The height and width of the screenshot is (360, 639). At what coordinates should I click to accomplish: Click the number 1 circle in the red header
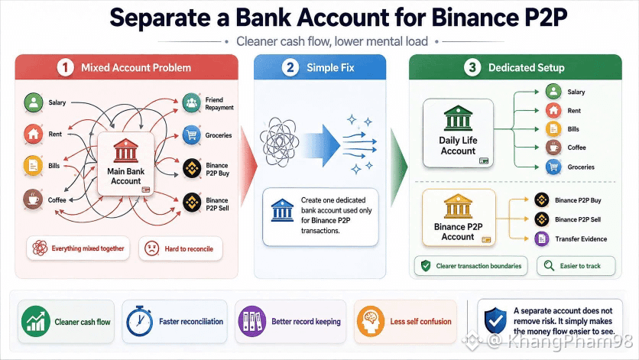(x=65, y=67)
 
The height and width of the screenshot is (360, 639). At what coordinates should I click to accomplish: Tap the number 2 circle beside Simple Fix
(x=290, y=67)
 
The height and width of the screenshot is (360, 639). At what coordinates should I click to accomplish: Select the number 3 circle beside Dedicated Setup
(x=472, y=67)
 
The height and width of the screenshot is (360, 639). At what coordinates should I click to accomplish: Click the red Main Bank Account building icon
(x=126, y=150)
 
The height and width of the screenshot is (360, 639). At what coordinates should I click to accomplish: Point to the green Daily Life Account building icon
(x=458, y=118)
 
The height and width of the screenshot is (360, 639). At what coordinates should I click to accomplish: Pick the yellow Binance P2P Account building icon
(x=458, y=206)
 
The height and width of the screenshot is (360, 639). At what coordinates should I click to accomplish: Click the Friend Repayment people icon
(x=192, y=102)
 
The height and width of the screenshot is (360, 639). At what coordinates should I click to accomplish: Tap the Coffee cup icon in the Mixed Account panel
(x=33, y=199)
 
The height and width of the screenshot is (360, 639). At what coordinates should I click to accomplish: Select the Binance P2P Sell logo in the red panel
(x=192, y=203)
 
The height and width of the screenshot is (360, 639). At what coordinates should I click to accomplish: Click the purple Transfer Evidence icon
(x=542, y=238)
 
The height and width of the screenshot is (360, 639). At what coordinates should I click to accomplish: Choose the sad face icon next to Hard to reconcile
(x=151, y=248)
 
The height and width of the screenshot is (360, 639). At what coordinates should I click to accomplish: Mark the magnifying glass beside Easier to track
(x=549, y=266)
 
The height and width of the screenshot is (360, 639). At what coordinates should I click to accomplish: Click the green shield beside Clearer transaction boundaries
(x=426, y=266)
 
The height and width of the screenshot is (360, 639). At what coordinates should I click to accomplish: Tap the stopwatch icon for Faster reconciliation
(x=139, y=321)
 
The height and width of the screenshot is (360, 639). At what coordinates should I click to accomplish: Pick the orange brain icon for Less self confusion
(x=371, y=321)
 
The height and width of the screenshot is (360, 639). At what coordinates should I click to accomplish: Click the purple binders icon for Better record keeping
(x=251, y=321)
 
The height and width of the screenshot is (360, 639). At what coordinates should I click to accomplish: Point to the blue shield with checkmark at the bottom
(x=495, y=321)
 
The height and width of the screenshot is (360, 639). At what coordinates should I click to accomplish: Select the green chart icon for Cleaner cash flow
(x=36, y=321)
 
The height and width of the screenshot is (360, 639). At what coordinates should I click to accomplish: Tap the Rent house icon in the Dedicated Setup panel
(x=553, y=110)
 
